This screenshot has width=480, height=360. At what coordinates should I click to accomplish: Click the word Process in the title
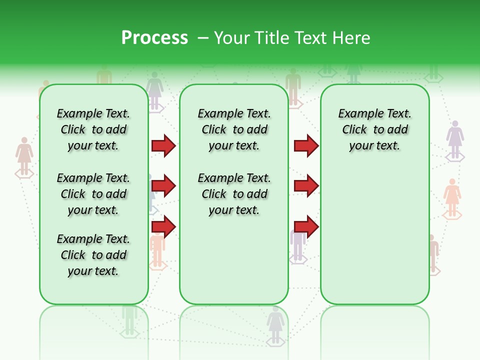tap(154, 38)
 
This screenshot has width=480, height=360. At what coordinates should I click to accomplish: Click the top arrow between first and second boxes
tap(163, 145)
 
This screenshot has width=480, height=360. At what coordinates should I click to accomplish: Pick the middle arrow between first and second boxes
tap(163, 186)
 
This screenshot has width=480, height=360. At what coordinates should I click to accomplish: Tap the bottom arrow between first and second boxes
tap(163, 226)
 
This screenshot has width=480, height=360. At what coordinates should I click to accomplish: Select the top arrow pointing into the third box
tap(306, 145)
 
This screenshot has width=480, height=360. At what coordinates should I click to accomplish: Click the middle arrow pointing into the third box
tap(306, 186)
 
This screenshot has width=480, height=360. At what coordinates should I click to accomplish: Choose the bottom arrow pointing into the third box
tap(306, 226)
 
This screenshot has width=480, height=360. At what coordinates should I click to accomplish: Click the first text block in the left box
tap(93, 129)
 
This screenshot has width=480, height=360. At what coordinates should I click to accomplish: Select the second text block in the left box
tap(93, 194)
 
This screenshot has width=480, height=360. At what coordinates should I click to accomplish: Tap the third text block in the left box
tap(93, 255)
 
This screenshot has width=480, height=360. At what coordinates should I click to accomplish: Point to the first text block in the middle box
tap(234, 129)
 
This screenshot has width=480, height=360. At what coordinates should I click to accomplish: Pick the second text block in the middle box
tap(234, 194)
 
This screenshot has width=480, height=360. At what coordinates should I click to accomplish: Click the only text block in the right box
tap(374, 129)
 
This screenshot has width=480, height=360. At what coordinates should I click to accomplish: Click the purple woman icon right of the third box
tap(455, 139)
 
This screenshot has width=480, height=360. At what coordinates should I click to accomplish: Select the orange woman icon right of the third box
tap(452, 197)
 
